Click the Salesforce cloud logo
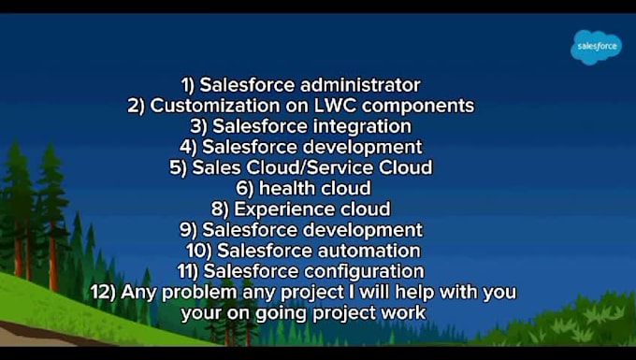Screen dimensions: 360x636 tap(596, 46)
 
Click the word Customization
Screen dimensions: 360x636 tap(214, 106)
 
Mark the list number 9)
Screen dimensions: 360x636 tap(189, 229)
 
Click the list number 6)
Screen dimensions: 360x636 tap(245, 188)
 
